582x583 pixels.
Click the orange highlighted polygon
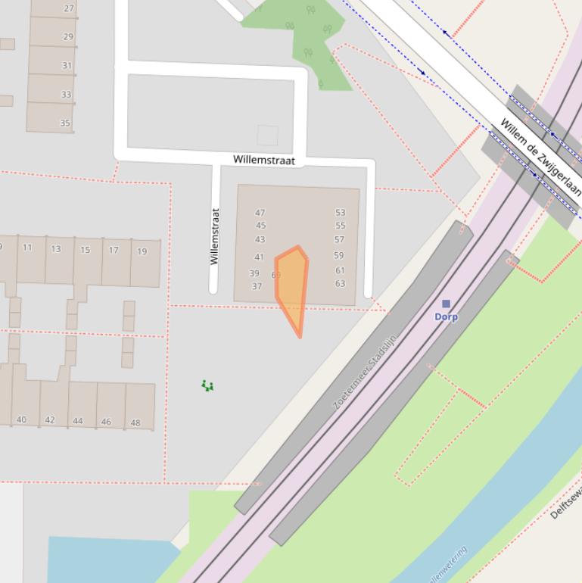(x=291, y=284)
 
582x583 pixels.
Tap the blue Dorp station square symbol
(x=446, y=304)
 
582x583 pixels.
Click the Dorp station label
(x=446, y=317)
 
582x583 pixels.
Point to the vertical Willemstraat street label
(x=214, y=236)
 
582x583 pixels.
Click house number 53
(x=340, y=213)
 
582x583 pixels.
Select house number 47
(x=260, y=213)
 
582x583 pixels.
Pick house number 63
(x=340, y=284)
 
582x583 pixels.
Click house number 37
(x=257, y=286)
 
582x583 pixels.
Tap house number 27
(x=70, y=9)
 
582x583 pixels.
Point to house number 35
(x=65, y=123)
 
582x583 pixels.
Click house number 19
(x=142, y=251)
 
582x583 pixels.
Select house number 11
(x=27, y=248)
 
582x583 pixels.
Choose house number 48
(x=135, y=422)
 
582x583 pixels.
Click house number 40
(x=21, y=419)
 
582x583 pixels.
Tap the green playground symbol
(x=207, y=386)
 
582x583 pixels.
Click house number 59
(x=338, y=256)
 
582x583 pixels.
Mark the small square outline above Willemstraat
(x=267, y=136)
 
